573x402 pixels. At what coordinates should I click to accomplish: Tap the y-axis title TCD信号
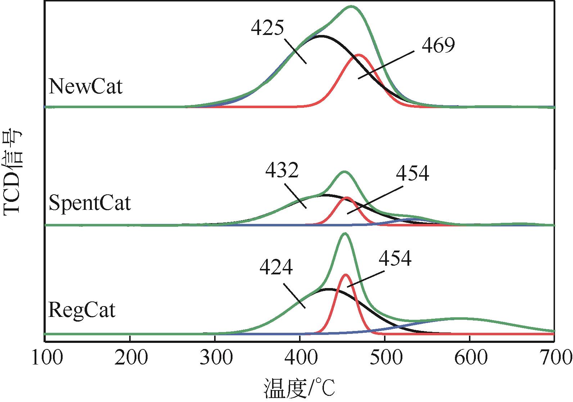coord(13,173)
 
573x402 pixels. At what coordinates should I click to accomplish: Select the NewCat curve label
coord(86,87)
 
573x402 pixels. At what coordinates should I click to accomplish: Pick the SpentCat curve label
coord(90,203)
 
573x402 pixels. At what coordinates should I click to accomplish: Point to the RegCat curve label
coord(82,310)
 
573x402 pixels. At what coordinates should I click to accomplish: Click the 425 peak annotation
coord(268,27)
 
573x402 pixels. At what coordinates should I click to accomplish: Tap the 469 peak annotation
coord(438,45)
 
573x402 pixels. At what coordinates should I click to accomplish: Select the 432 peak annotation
coord(282,171)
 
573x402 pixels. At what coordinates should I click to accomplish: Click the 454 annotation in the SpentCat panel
coord(412,173)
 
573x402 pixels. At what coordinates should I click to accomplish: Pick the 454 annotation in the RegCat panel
coord(394,258)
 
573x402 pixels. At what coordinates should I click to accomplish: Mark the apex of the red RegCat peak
coord(346,275)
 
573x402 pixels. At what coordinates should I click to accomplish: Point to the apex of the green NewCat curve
coord(351,6)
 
